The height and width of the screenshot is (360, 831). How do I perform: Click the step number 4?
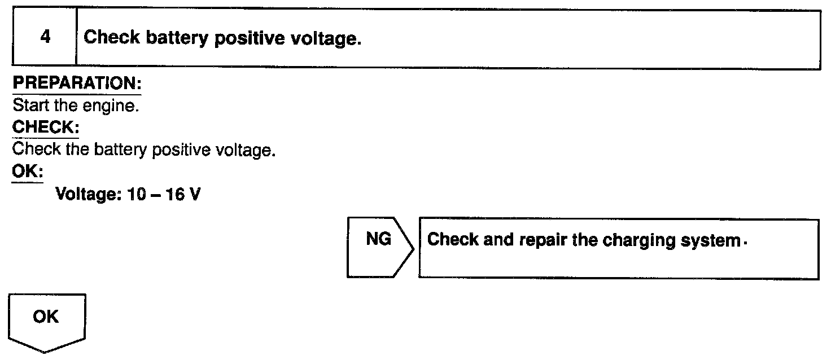pos(45,38)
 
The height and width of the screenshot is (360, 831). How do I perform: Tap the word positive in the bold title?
pos(253,38)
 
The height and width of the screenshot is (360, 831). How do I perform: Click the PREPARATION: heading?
pos(77,83)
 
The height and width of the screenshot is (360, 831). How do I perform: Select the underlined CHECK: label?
pos(45,128)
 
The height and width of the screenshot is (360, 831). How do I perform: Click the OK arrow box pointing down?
pos(46,321)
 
